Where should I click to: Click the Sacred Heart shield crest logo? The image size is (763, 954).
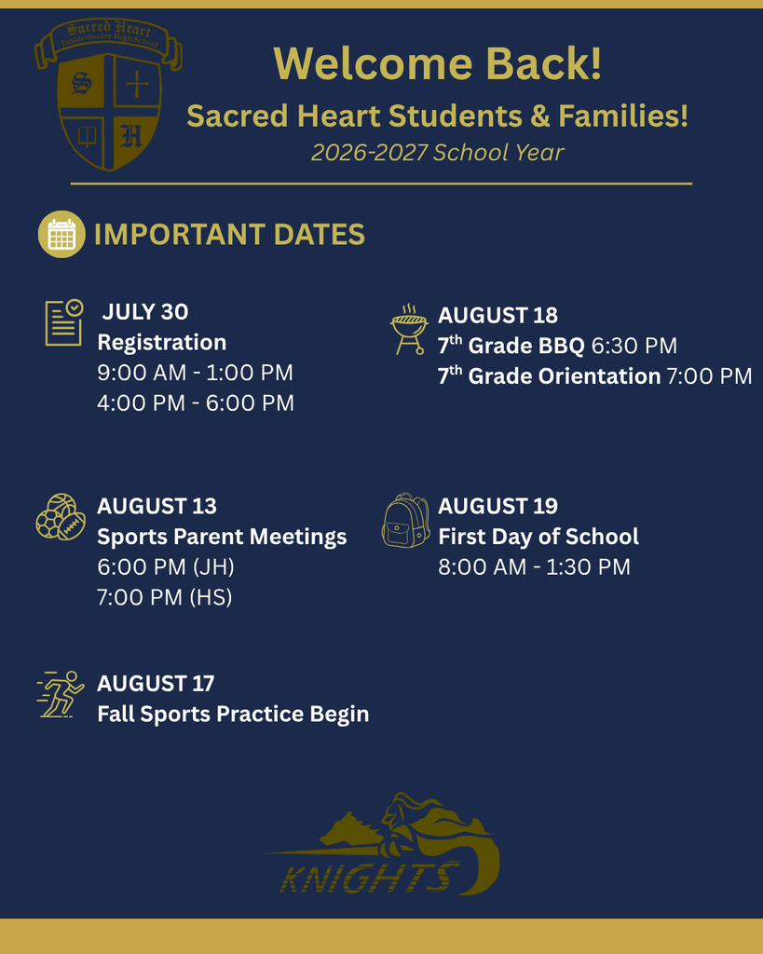pos(108,94)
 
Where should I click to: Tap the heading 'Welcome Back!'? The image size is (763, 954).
pos(438,63)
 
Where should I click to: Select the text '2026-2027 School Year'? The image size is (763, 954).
pos(438,152)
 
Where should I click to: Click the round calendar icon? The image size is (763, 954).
pos(61,234)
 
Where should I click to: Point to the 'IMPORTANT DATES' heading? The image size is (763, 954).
pos(229,234)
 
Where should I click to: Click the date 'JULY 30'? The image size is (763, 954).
pos(145,311)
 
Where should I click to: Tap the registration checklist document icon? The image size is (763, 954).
pos(64,322)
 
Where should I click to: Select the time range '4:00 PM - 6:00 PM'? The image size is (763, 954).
pos(196,402)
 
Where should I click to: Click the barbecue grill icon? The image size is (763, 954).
pos(409,329)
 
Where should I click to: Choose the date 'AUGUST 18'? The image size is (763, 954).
pos(497,315)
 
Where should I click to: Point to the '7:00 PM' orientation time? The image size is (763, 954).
pos(710,376)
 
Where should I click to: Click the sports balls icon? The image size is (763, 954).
pos(61,516)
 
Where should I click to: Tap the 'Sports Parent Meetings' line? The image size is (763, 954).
pos(222,538)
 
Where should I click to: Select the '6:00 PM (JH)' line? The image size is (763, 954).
pos(166,567)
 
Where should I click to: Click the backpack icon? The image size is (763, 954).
pos(406,520)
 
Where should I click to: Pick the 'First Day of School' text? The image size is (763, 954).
pos(538,537)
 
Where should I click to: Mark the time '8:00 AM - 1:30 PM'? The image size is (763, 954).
pos(534,567)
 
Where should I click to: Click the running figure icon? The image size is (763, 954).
pos(61,694)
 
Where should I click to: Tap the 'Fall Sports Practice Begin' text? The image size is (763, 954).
pos(233,715)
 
